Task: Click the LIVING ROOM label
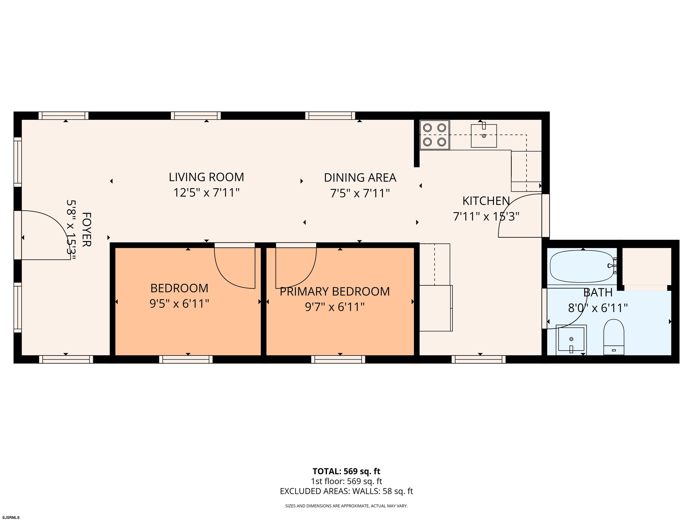pos(206,177)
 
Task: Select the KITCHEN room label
pos(486,201)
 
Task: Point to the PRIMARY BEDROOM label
pos(335,292)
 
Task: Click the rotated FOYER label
pos(86,230)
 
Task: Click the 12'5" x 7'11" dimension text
pos(206,193)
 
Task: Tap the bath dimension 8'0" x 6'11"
pos(598,308)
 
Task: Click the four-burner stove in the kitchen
pos(434,135)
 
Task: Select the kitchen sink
pos(484,135)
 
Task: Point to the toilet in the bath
pos(614,337)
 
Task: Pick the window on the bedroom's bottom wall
pos(186,359)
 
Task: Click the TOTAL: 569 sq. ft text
pos(346,471)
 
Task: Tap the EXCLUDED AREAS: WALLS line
pos(346,491)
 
